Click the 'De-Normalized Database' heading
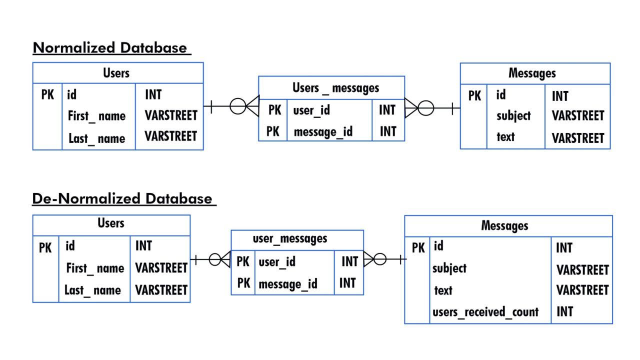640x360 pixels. tap(122, 198)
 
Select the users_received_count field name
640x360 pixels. tap(485, 312)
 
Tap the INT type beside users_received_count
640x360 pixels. tap(564, 312)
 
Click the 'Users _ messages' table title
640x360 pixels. tap(335, 88)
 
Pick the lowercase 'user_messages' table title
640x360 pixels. tap(290, 238)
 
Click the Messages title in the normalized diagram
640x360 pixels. tap(532, 73)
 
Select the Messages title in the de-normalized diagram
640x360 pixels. tap(504, 225)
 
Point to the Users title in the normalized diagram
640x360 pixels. tap(116, 73)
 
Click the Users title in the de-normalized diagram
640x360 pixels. tap(111, 223)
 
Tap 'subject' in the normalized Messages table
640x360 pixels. tap(513, 116)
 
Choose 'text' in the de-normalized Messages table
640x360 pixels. tap(443, 290)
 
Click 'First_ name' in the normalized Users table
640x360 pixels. tap(96, 116)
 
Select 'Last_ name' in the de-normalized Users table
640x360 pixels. tap(92, 290)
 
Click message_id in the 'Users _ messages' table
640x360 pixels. tap(323, 132)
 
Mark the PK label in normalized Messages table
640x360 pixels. tap(474, 95)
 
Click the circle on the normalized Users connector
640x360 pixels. tap(237, 106)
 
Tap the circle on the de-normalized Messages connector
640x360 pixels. tap(380, 259)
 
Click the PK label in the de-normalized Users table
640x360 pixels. tap(45, 247)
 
